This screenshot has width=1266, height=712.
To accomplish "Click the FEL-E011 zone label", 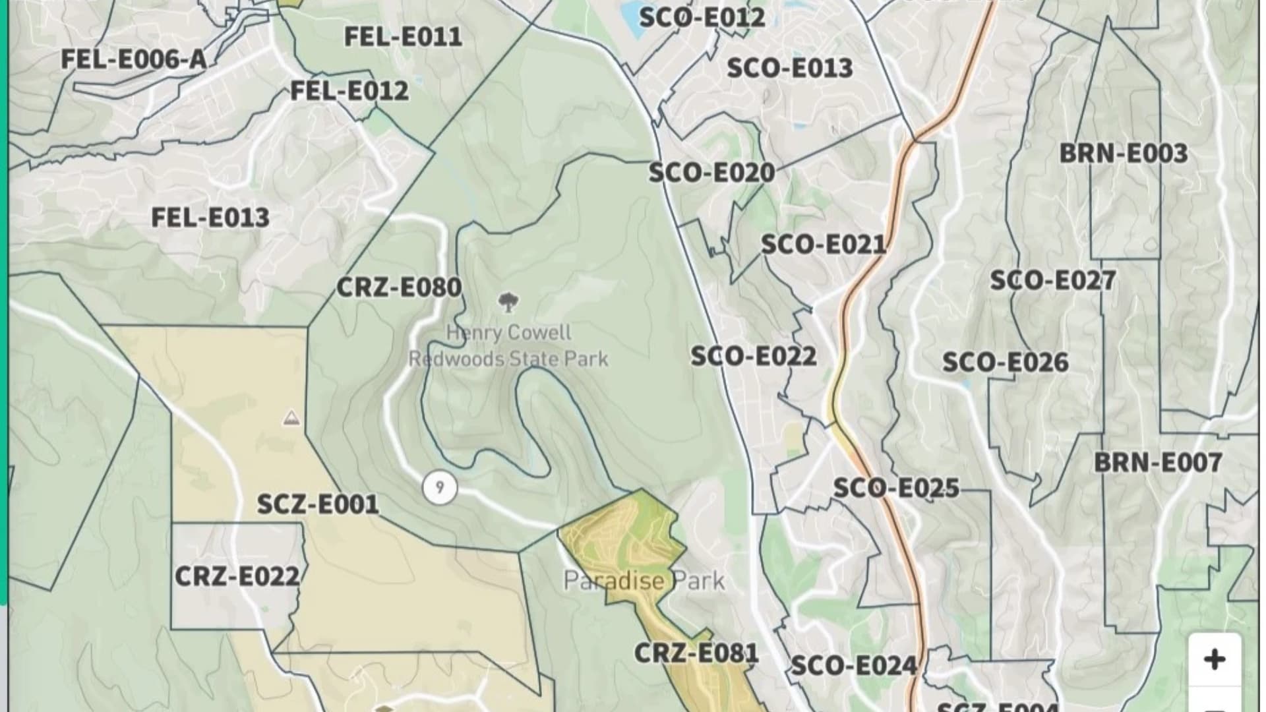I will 403,37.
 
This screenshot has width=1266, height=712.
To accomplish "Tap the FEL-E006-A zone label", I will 134,59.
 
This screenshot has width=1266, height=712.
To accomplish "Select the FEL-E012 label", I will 349,90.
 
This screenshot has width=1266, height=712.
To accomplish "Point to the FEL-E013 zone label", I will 210,218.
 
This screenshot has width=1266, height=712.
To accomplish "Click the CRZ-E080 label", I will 399,287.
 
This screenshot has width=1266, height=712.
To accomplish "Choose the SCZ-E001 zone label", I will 318,505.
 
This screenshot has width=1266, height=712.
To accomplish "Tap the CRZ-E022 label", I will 237,577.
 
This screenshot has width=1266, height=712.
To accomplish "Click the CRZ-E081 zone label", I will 697,653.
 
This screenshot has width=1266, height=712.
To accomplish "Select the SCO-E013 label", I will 790,68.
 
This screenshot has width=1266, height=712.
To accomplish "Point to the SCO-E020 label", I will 711,173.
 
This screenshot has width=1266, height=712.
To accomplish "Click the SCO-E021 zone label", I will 824,245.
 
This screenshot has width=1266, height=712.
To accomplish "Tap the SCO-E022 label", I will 754,357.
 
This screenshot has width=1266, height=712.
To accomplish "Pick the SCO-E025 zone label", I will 896,489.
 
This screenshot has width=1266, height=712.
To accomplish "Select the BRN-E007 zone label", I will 1158,463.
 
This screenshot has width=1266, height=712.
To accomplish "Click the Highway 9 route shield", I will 440,488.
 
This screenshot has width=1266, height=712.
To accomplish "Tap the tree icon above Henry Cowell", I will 508,303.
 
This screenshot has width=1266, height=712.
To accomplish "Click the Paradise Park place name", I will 644,581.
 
